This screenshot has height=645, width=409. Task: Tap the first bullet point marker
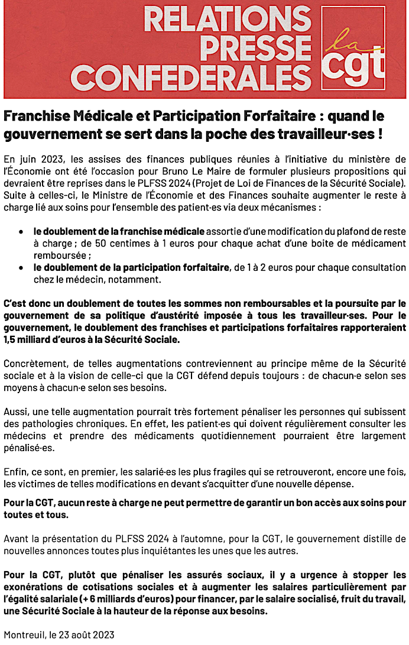(x=21, y=230)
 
